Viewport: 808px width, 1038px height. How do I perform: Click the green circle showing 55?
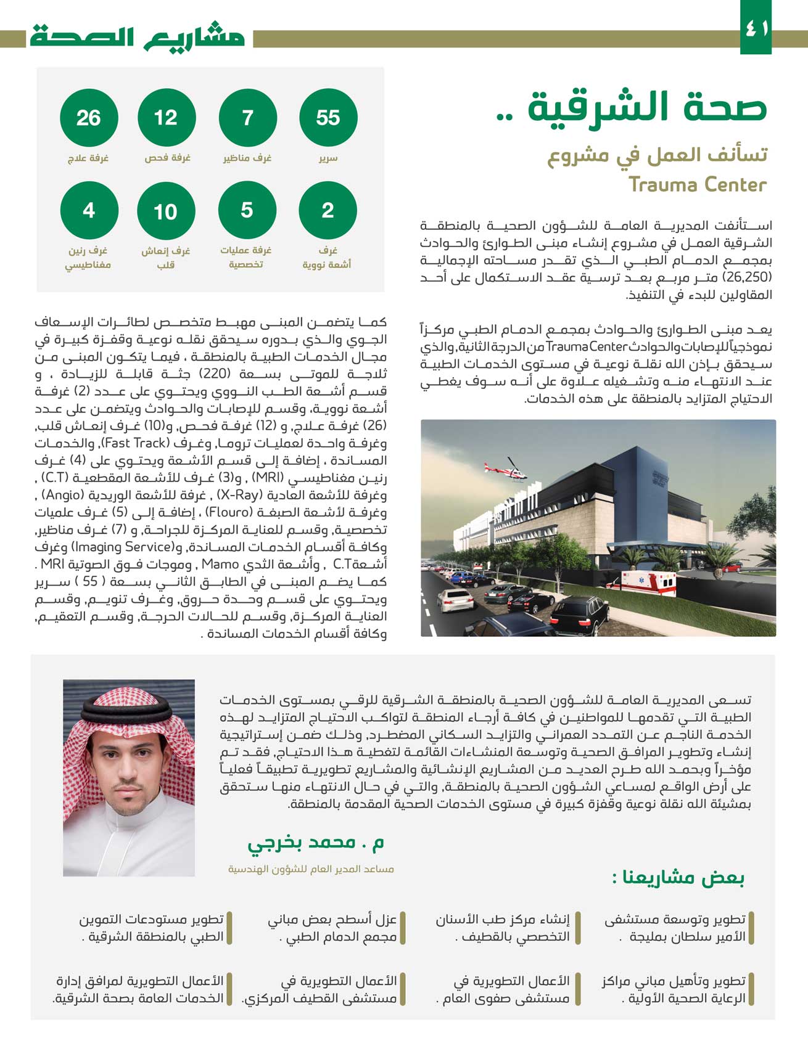[328, 117]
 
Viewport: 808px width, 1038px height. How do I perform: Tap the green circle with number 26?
[89, 117]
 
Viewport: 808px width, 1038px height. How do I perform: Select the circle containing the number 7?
[247, 117]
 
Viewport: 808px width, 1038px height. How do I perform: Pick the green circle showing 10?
[165, 211]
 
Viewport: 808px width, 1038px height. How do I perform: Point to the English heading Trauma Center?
[698, 184]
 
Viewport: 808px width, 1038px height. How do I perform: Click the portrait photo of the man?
[129, 777]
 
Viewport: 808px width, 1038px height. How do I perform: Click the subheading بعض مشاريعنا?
[678, 877]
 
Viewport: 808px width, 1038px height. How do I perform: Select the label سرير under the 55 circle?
[328, 158]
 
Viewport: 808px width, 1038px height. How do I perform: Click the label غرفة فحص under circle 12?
[167, 158]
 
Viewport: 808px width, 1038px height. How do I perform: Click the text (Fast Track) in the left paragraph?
[134, 443]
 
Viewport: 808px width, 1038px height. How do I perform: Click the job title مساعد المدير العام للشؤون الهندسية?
[311, 869]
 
